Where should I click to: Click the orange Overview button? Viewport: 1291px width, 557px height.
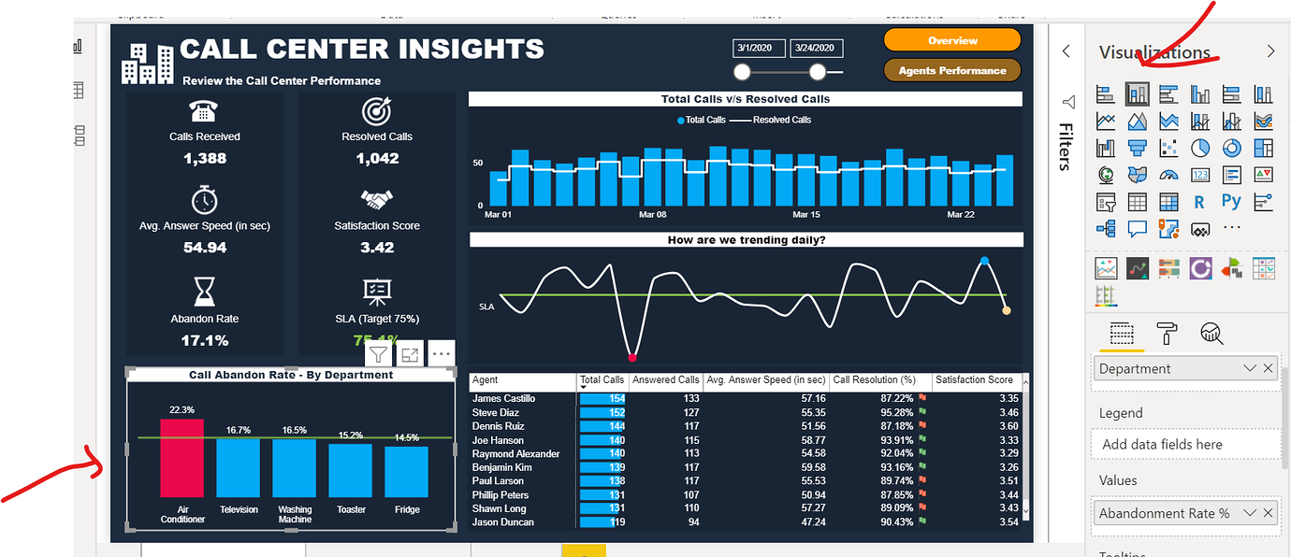(x=951, y=40)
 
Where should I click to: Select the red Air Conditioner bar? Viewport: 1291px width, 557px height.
(x=181, y=458)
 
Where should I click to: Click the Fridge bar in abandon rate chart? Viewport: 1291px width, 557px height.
(x=406, y=471)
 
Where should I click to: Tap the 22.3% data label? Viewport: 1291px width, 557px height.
(x=181, y=409)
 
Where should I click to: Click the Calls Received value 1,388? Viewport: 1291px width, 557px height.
(x=205, y=159)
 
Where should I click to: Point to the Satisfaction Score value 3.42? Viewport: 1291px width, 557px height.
(x=377, y=248)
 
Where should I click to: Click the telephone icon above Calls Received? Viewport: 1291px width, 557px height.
(x=204, y=111)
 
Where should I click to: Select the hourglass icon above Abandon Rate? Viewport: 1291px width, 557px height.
(x=204, y=293)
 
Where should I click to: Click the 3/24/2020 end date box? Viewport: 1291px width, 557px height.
(x=816, y=49)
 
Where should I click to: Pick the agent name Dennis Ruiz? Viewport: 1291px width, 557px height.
(x=498, y=426)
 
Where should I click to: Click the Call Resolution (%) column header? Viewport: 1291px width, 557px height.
(x=874, y=380)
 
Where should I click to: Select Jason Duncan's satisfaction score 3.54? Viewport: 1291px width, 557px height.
(x=1008, y=522)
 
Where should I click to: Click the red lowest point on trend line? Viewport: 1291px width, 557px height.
(x=632, y=357)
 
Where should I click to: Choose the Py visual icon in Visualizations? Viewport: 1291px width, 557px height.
(x=1231, y=201)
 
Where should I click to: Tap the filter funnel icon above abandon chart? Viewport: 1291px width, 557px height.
(x=378, y=354)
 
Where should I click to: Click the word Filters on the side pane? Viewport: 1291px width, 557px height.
(x=1065, y=147)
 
